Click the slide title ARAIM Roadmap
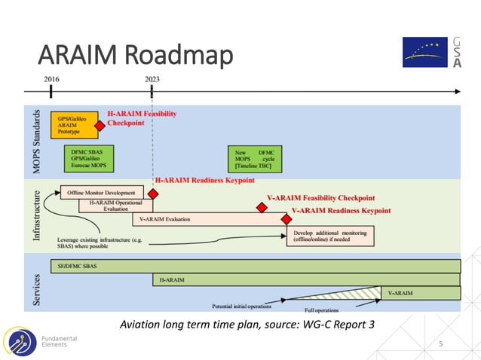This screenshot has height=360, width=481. pos(135,56)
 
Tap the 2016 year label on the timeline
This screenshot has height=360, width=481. pos(51,78)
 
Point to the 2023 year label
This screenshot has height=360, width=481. pos(152,78)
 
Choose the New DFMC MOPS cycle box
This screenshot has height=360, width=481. pos(255,159)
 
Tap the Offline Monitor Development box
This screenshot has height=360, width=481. pos(102,193)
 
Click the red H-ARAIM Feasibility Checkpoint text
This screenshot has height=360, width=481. pos(142,117)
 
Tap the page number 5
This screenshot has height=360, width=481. pos(442,343)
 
